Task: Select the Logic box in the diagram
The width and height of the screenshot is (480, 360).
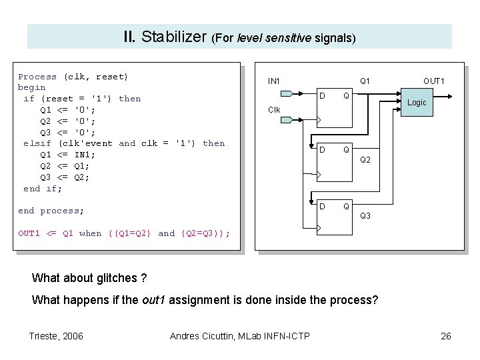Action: coord(417,102)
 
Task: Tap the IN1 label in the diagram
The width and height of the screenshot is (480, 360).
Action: coord(274,81)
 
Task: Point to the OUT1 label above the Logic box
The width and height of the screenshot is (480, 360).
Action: coord(433,81)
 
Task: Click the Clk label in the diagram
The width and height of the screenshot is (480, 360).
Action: coord(274,109)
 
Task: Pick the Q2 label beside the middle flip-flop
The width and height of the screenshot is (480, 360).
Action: coord(366,160)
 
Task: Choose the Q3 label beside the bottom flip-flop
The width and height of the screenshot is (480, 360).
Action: coord(366,216)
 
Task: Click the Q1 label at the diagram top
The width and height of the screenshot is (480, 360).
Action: coord(366,81)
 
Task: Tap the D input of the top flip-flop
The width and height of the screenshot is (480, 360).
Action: coord(323,95)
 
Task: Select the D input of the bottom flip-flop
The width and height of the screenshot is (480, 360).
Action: coord(323,206)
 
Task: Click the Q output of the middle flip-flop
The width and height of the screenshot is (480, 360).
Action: coord(345,149)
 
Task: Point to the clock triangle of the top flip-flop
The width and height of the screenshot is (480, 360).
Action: coord(319,121)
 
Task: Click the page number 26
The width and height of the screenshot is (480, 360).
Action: coord(446,335)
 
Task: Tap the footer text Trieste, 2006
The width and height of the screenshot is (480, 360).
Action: coord(57,335)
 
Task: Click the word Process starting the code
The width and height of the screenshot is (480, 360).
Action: coord(37,77)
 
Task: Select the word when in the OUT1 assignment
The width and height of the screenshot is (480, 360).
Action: coord(90,233)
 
